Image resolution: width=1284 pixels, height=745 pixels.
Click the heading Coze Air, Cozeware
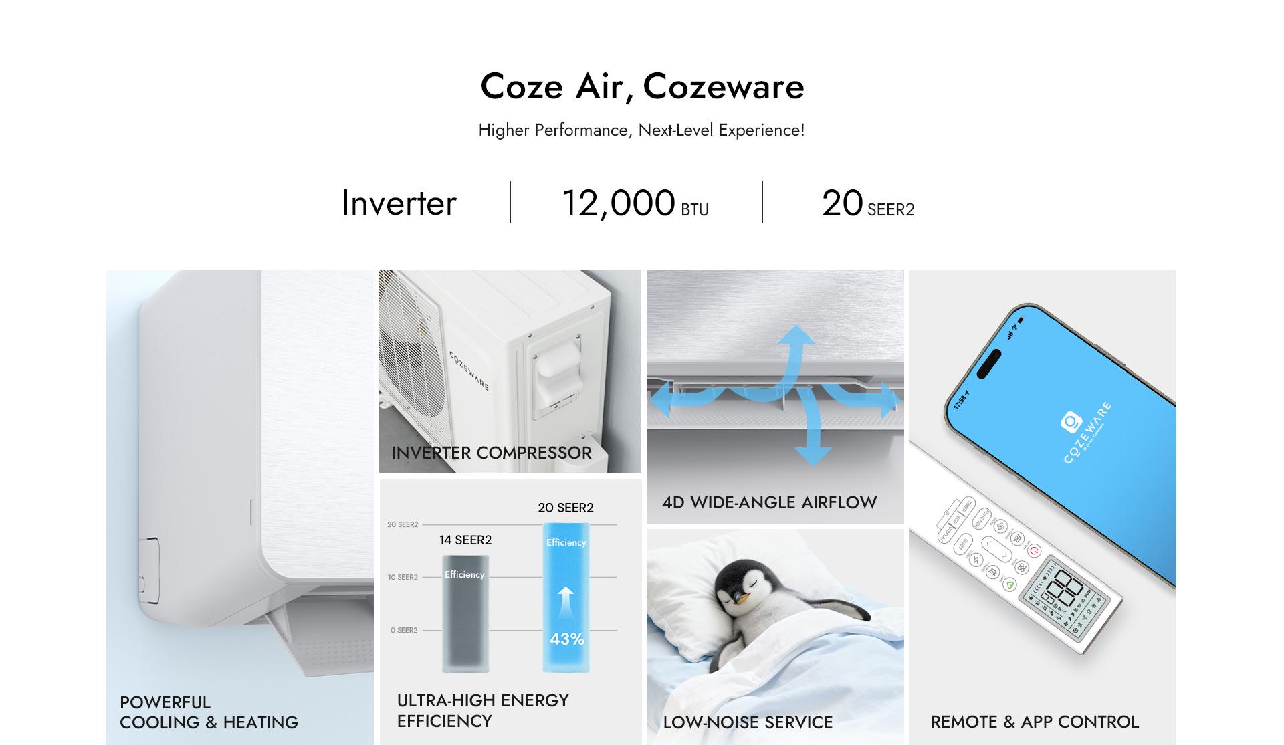point(642,87)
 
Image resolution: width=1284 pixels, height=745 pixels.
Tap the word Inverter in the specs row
point(399,203)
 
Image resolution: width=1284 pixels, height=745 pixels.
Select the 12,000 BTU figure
point(635,203)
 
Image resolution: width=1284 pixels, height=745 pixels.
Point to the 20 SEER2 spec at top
point(867,203)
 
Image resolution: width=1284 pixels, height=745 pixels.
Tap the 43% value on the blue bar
point(567,639)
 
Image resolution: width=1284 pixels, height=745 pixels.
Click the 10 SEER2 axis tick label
point(403,577)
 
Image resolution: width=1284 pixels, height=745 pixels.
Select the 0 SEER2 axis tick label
point(404,630)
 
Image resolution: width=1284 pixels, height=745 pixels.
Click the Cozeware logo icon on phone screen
point(1071,422)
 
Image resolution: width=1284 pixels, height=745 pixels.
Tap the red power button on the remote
point(1034,551)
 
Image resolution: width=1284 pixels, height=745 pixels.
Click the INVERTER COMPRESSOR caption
point(492,453)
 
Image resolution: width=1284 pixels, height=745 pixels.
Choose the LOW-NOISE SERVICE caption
point(748,722)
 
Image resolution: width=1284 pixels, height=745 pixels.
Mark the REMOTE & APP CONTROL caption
point(1035,722)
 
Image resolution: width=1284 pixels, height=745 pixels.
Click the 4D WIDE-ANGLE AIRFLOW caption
point(769,502)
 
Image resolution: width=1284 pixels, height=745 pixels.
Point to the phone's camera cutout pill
point(988,362)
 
